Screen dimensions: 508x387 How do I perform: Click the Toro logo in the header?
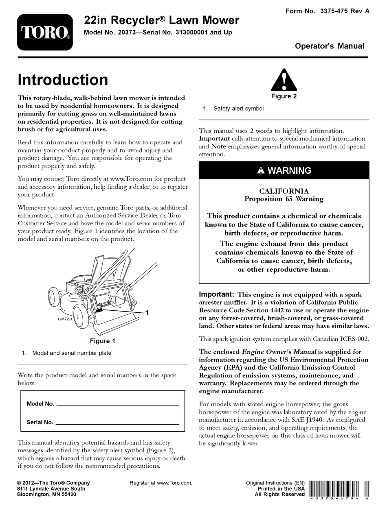pyautogui.click(x=45, y=33)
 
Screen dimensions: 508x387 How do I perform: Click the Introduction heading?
pyautogui.click(x=63, y=80)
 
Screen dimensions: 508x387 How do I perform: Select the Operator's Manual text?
pyautogui.click(x=330, y=46)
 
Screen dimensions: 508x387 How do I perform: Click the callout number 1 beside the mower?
pyautogui.click(x=147, y=312)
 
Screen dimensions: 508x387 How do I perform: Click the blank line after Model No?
pyautogui.click(x=117, y=404)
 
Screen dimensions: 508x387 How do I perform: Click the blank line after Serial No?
pyautogui.click(x=117, y=423)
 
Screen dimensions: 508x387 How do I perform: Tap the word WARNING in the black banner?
pyautogui.click(x=289, y=170)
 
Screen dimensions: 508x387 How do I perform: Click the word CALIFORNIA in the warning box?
pyautogui.click(x=284, y=191)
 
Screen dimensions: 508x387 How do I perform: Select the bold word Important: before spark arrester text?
pyautogui.click(x=216, y=294)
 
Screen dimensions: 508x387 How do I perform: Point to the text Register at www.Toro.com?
pyautogui.click(x=161, y=483)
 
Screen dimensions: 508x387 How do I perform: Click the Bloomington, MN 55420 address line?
pyautogui.click(x=46, y=495)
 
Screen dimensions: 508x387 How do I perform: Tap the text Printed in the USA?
pyautogui.click(x=281, y=488)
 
